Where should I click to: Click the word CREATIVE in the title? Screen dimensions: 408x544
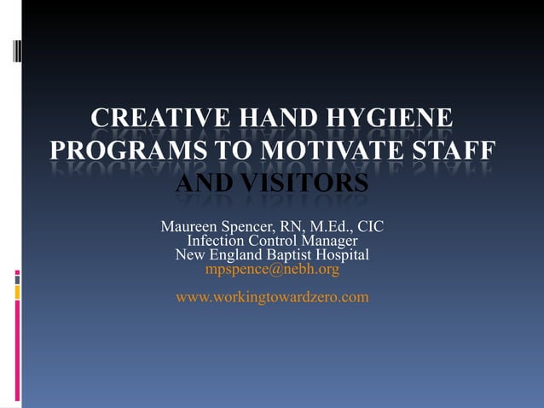(x=149, y=118)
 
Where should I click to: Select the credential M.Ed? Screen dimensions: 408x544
(x=328, y=227)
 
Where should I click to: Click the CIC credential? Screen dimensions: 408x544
(x=370, y=227)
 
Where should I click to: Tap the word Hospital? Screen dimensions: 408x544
(x=340, y=255)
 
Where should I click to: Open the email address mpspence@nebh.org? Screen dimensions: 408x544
(x=272, y=270)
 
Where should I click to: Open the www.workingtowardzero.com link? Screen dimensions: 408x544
(x=272, y=297)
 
